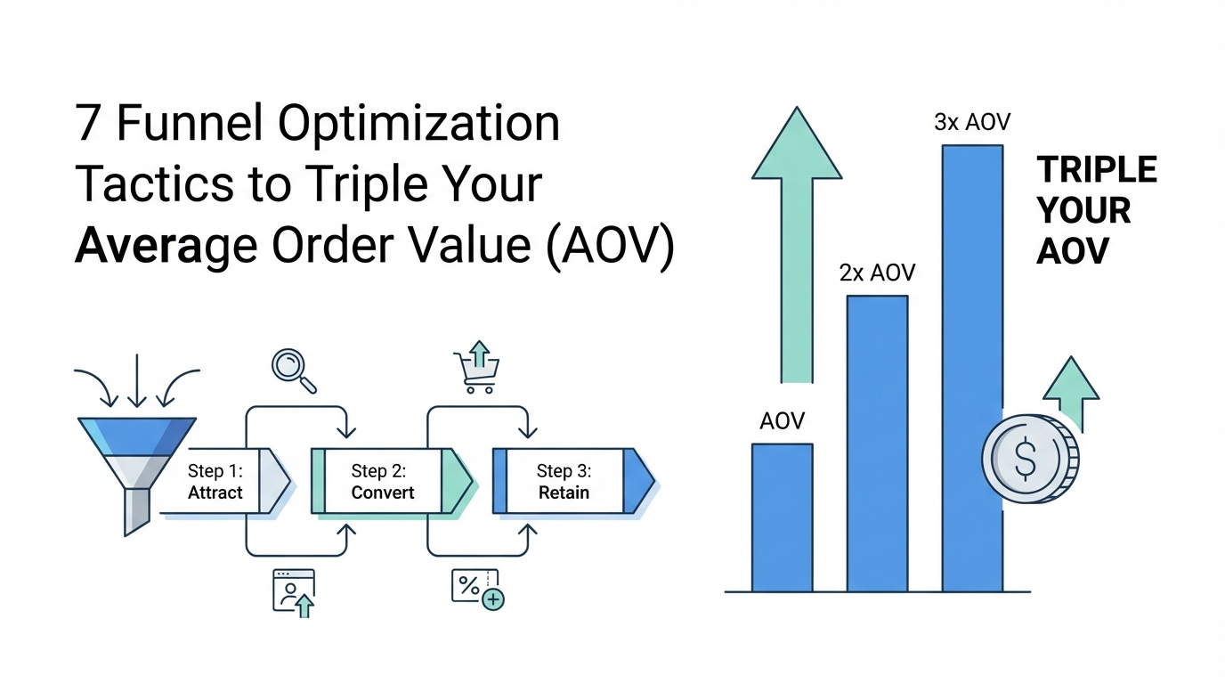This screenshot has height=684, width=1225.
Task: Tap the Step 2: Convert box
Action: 392,481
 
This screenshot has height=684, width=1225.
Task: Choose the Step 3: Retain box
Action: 573,481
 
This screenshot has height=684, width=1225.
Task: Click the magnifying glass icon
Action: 294,371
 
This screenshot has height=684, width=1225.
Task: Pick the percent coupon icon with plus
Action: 477,590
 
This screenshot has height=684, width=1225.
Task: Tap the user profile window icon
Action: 294,593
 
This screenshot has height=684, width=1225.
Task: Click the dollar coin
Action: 1030,459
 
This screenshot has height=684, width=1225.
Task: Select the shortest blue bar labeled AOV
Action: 782,517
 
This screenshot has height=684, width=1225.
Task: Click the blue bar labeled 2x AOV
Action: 877,444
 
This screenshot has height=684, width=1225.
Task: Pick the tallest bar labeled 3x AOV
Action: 972,368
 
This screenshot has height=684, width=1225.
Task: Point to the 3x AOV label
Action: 972,122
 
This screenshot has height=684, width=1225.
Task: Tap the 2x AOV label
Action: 877,273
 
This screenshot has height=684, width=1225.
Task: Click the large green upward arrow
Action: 797,245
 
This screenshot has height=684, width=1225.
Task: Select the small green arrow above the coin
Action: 1071,394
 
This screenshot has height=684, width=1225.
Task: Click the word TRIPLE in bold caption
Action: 1097,169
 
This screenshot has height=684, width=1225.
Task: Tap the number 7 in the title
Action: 87,123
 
